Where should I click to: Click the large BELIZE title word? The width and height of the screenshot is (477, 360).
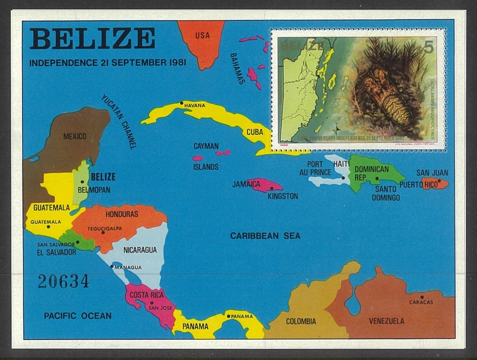coord(92,39)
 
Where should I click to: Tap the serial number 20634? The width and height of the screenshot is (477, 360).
coord(63,281)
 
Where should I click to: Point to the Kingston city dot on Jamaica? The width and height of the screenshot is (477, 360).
coord(271,188)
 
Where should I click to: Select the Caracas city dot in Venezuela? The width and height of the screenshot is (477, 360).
coord(421,297)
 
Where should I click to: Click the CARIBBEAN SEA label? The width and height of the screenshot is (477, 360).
coord(265,236)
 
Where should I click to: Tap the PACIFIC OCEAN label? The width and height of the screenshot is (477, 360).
coord(78,316)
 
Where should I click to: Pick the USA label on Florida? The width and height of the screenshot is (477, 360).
coord(202,35)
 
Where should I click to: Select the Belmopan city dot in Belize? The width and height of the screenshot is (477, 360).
coord(82,182)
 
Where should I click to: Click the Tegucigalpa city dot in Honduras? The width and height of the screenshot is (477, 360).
coord(103,232)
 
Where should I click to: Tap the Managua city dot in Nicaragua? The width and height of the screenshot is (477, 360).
coord(112,266)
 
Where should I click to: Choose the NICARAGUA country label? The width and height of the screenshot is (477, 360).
coord(140,250)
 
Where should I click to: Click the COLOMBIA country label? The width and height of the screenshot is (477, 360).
coord(301,321)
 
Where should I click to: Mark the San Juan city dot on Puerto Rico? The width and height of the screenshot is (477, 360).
coord(439,181)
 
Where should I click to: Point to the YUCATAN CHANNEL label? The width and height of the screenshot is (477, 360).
coord(119,121)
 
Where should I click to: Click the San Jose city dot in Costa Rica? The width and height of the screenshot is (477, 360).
coord(150,302)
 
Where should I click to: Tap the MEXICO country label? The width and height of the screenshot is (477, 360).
coord(75,136)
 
